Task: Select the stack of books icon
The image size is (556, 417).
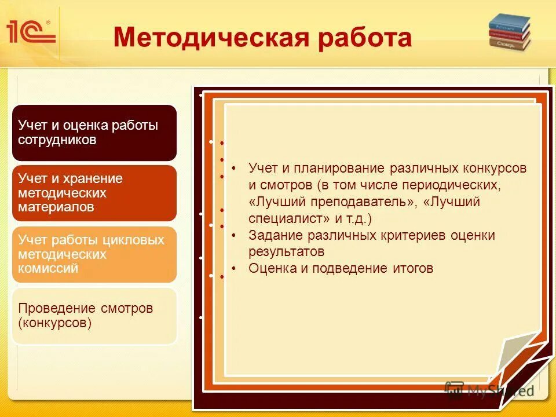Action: [x=509, y=33]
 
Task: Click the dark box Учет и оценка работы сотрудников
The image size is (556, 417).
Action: [x=94, y=133]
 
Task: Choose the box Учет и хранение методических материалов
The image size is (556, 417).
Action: [x=94, y=193]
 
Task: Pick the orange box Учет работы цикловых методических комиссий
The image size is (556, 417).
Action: [x=94, y=254]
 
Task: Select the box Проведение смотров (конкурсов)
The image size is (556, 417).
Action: [x=94, y=316]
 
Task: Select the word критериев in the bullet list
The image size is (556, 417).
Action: [x=409, y=236]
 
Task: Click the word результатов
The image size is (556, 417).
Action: [x=286, y=252]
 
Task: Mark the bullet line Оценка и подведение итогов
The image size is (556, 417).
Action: [x=341, y=268]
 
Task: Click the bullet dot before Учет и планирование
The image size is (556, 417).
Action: [x=233, y=168]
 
